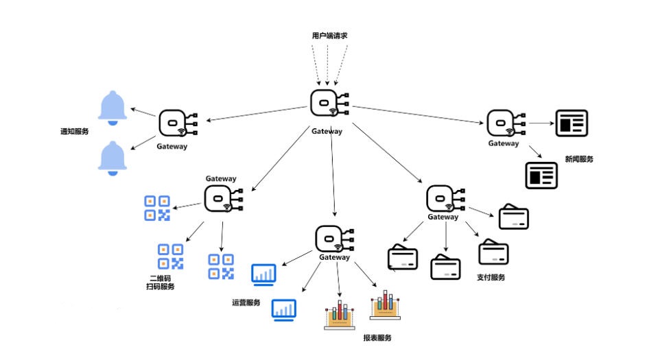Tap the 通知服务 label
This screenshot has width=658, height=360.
point(74,131)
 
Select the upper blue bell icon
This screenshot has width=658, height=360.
point(113,108)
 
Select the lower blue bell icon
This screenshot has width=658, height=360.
point(113,157)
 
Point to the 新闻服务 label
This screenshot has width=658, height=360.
point(578,159)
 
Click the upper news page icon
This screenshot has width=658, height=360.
point(572,123)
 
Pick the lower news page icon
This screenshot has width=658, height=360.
point(541,175)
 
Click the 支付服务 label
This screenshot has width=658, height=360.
point(491,278)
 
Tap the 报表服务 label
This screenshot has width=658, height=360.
point(377,338)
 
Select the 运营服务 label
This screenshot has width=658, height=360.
point(246,302)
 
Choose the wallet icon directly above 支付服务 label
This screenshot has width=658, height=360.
point(493,252)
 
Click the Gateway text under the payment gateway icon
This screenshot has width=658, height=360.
point(443,217)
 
